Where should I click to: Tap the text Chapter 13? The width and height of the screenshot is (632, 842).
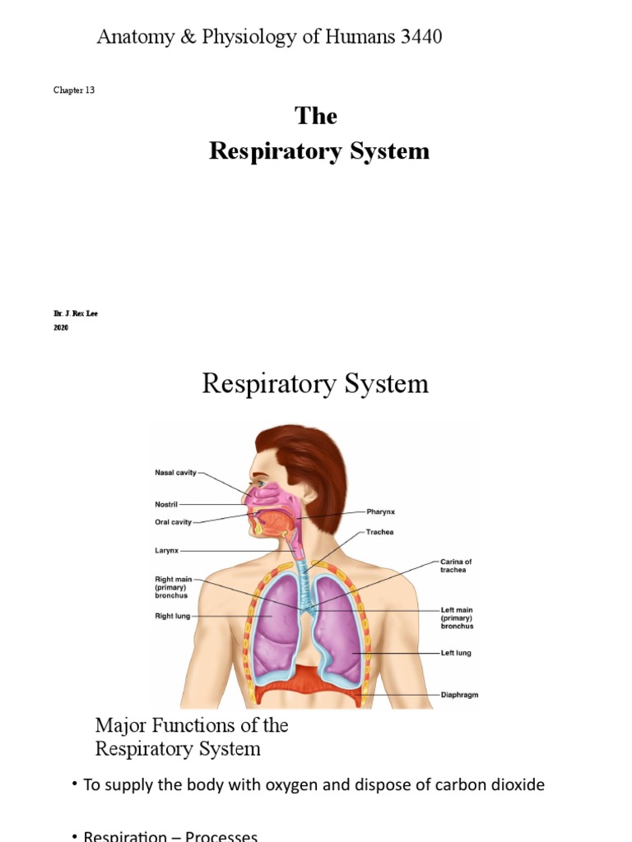pyautogui.click(x=74, y=90)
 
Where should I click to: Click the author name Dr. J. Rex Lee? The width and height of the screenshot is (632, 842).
pyautogui.click(x=75, y=313)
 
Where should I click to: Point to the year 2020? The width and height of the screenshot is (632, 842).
pyautogui.click(x=62, y=327)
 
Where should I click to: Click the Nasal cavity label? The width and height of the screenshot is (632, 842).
pyautogui.click(x=175, y=473)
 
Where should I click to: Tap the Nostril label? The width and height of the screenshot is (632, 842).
pyautogui.click(x=165, y=504)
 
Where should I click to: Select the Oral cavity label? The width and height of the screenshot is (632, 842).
pyautogui.click(x=174, y=520)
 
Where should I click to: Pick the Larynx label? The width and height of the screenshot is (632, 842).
pyautogui.click(x=166, y=551)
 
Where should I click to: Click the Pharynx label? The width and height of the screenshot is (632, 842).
pyautogui.click(x=380, y=511)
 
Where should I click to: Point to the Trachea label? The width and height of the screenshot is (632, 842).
pyautogui.click(x=380, y=532)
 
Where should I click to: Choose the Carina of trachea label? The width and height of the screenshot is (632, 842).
pyautogui.click(x=456, y=566)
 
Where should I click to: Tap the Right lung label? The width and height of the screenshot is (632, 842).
pyautogui.click(x=172, y=615)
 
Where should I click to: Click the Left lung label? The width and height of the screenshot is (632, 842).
pyautogui.click(x=456, y=653)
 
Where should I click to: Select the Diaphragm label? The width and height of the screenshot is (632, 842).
pyautogui.click(x=460, y=695)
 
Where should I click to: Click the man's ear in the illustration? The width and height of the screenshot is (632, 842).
pyautogui.click(x=308, y=492)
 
